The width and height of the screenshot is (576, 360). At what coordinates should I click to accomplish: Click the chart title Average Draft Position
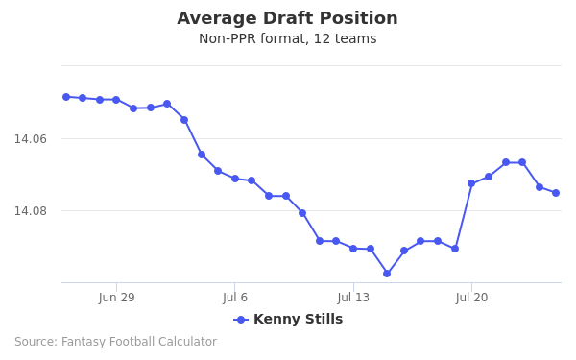pyautogui.click(x=287, y=19)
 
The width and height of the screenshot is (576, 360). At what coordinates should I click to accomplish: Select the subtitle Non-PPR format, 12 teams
pyautogui.click(x=287, y=39)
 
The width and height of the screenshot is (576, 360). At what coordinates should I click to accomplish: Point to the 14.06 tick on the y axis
pyautogui.click(x=30, y=139)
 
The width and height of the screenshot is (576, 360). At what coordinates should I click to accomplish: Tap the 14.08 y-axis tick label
pyautogui.click(x=30, y=211)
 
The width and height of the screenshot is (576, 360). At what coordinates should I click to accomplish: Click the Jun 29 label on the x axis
pyautogui.click(x=116, y=298)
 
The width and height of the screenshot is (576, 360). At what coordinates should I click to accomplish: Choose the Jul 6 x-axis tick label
pyautogui.click(x=235, y=298)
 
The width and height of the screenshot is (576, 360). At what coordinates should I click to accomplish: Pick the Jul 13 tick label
pyautogui.click(x=353, y=298)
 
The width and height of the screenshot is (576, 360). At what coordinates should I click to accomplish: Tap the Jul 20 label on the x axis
pyautogui.click(x=471, y=298)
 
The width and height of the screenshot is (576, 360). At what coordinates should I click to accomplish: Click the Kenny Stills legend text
pyautogui.click(x=298, y=320)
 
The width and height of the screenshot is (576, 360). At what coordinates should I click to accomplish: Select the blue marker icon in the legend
pyautogui.click(x=241, y=320)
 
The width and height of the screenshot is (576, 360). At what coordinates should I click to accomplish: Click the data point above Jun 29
pyautogui.click(x=116, y=100)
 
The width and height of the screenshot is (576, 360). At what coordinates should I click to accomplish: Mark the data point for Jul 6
pyautogui.click(x=235, y=179)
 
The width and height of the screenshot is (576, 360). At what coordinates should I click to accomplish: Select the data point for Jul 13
pyautogui.click(x=353, y=249)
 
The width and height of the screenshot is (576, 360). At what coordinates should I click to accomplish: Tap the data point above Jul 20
pyautogui.click(x=471, y=183)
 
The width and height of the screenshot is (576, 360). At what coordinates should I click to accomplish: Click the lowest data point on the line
pyautogui.click(x=387, y=274)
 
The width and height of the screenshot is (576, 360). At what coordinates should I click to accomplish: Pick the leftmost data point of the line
pyautogui.click(x=66, y=97)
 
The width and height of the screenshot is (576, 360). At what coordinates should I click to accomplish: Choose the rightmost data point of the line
pyautogui.click(x=556, y=193)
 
